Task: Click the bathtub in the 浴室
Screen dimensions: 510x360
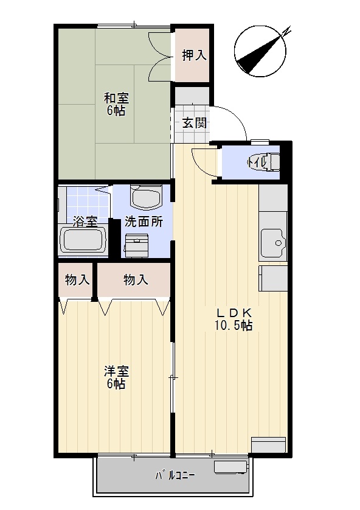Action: [83, 240]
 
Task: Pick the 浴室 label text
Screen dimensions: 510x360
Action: [85, 222]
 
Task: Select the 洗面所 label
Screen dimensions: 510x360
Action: [144, 222]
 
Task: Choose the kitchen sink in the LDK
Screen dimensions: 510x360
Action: [272, 242]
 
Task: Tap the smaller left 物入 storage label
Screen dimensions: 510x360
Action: [77, 280]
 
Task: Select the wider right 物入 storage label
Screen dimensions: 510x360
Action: [136, 280]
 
